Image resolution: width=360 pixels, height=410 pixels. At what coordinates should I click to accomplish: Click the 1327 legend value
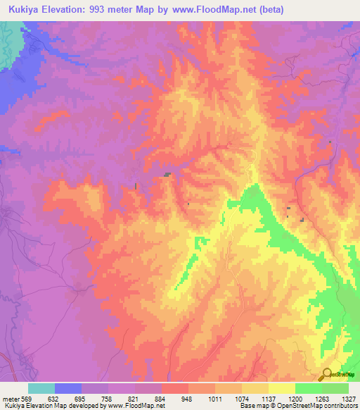[347, 397]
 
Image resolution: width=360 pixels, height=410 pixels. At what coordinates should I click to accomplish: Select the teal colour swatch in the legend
[41, 387]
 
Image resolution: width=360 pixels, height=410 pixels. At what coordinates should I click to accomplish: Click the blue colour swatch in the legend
[68, 387]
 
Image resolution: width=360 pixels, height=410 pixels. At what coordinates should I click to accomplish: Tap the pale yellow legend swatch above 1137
[255, 387]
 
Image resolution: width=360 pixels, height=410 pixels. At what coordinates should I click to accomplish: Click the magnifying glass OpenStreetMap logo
[326, 374]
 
